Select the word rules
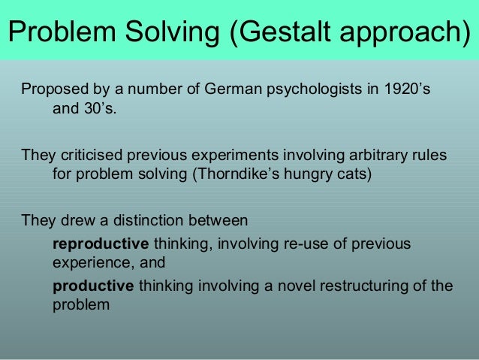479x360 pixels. point(428,156)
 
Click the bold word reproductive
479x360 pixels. point(101,244)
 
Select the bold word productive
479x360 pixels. point(93,286)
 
